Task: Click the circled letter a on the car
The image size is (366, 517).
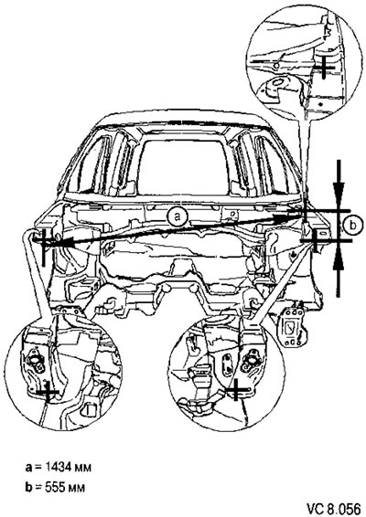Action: [177, 217]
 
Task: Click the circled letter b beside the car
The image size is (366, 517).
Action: [353, 226]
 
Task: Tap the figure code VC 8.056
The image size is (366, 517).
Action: [335, 509]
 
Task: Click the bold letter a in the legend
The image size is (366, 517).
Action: [28, 468]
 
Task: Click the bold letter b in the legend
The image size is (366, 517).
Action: [29, 487]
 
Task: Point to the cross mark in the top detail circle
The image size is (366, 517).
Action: [324, 68]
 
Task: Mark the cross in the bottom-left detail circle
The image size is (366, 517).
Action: [48, 393]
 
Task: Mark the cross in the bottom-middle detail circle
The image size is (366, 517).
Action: [236, 390]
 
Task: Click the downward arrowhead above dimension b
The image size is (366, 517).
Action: [339, 192]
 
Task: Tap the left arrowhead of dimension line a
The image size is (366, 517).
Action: [63, 242]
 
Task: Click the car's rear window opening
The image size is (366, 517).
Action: [184, 166]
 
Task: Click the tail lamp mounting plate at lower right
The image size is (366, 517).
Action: [292, 327]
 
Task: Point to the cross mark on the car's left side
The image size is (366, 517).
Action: [44, 243]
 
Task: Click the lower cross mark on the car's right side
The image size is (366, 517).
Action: [315, 240]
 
